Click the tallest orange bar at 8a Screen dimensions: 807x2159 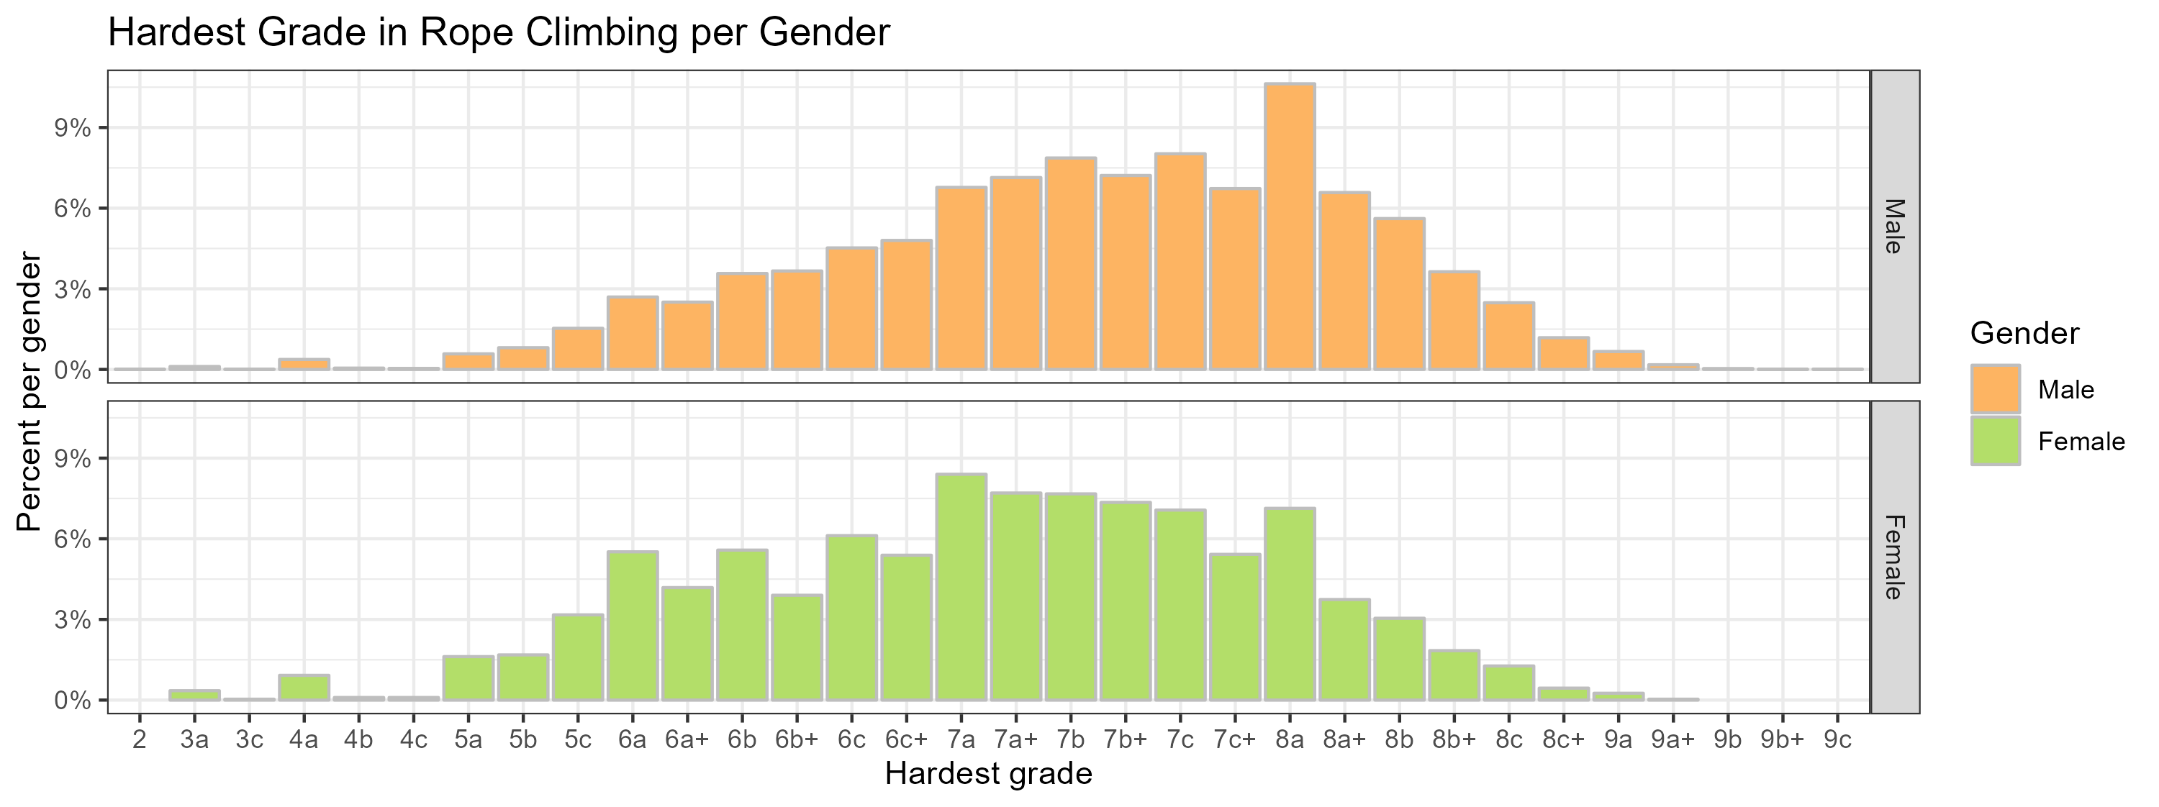(x=1289, y=227)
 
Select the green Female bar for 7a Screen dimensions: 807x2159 (x=961, y=587)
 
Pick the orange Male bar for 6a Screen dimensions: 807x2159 (x=632, y=333)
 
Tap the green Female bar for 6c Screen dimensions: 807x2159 (x=851, y=618)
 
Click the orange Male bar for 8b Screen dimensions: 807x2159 (x=1399, y=293)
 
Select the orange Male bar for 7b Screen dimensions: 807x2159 (x=1070, y=263)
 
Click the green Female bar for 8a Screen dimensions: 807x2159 (x=1289, y=603)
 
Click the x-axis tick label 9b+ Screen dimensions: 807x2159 (x=1782, y=741)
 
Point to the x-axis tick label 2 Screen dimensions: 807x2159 (x=139, y=741)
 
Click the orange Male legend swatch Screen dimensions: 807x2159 (x=1995, y=389)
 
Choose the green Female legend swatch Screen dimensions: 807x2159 (x=1995, y=441)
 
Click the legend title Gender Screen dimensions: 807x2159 (x=2024, y=334)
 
